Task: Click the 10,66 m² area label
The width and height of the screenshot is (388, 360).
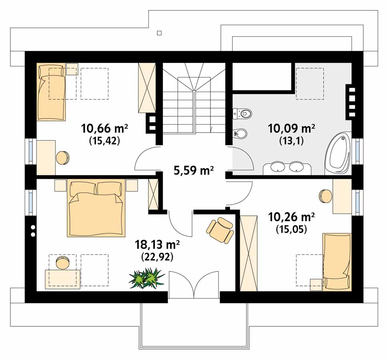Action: (x=104, y=128)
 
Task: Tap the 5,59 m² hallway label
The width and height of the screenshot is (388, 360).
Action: (x=194, y=171)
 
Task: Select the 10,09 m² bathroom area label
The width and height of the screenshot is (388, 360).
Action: (x=292, y=128)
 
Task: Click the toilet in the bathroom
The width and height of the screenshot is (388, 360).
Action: (x=242, y=113)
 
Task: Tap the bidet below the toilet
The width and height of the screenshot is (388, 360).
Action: (x=240, y=134)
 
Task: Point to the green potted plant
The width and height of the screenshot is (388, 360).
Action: (x=146, y=278)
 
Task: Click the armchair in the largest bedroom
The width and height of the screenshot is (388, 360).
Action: (x=220, y=230)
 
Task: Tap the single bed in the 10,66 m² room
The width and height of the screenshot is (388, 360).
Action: (x=51, y=92)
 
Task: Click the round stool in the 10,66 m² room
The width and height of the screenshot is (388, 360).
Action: (x=63, y=157)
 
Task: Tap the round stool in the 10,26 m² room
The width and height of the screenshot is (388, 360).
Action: (x=325, y=196)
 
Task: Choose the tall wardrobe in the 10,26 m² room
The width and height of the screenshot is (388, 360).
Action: (x=249, y=253)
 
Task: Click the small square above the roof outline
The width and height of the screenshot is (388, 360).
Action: (x=159, y=33)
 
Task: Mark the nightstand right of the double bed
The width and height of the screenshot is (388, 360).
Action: (x=131, y=185)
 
